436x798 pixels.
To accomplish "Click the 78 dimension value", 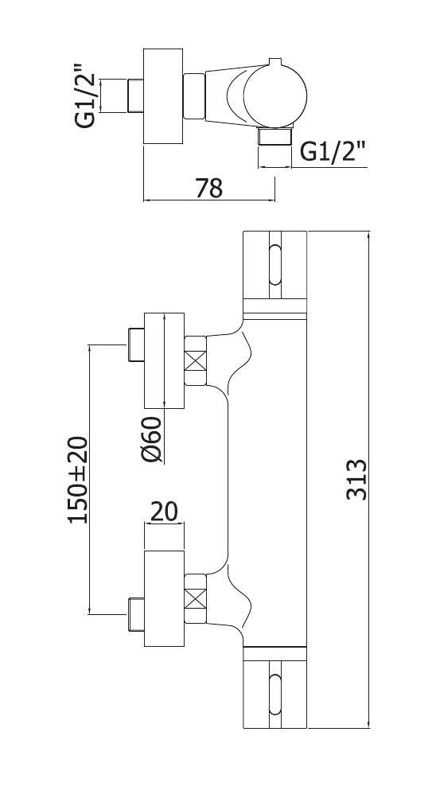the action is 209,188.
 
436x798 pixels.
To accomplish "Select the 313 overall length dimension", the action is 356,480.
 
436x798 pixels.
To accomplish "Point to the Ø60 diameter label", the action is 151,440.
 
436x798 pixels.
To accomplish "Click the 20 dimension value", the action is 164,512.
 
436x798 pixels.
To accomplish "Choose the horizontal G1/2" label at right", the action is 333,151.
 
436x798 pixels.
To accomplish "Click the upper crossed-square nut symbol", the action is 195,361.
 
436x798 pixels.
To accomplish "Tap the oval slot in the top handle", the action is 275,265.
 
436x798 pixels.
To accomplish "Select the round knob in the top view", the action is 275,97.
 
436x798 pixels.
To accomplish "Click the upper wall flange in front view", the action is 164,360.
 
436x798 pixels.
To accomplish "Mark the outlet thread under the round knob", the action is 275,138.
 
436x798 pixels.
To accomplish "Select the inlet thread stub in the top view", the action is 134,95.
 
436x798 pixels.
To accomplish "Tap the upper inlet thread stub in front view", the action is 135,345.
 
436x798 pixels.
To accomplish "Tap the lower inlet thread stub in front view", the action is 135,614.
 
